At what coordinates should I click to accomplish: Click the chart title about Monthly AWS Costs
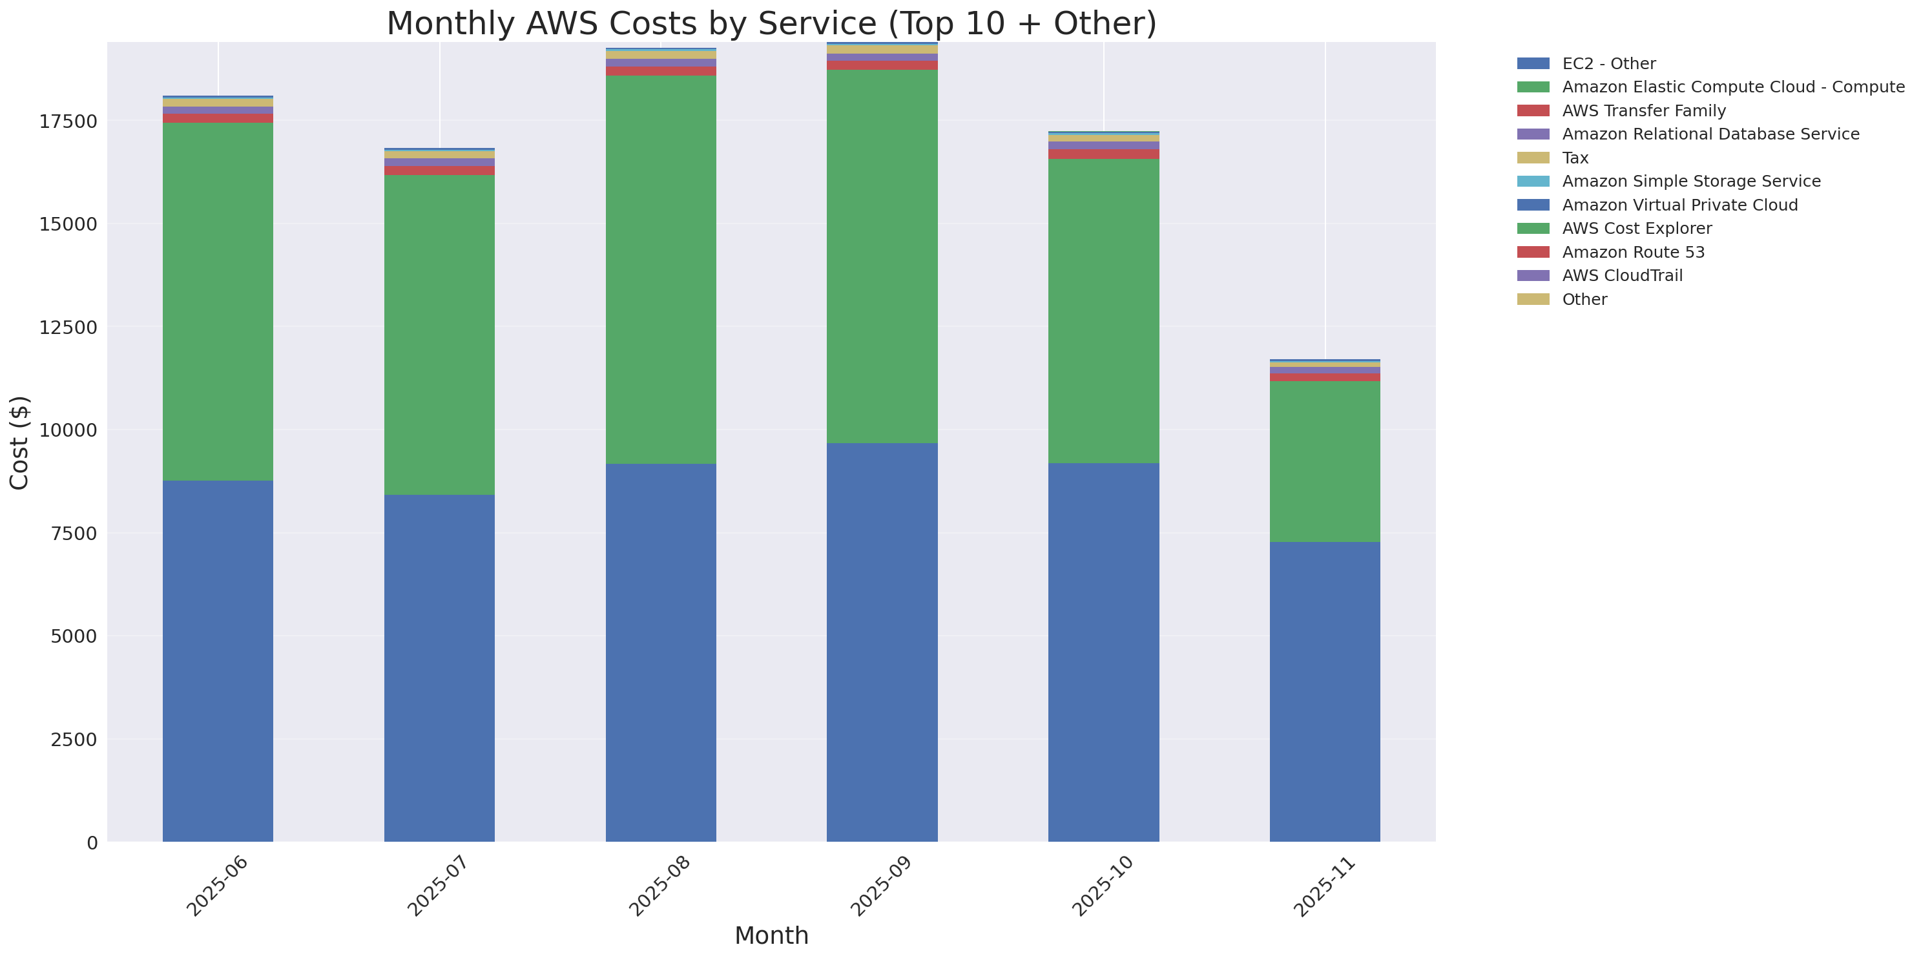(771, 24)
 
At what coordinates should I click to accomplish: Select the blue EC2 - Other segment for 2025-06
(218, 661)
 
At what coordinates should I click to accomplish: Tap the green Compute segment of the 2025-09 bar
(882, 256)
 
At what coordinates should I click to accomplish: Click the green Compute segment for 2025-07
(439, 335)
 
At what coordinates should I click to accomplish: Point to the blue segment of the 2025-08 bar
(661, 652)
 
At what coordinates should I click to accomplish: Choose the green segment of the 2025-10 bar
(1103, 311)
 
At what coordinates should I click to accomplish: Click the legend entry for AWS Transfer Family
(1644, 111)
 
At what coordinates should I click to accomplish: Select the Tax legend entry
(1575, 158)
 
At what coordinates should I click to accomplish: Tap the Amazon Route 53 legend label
(1633, 252)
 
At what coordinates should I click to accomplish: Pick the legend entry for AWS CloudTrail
(1622, 276)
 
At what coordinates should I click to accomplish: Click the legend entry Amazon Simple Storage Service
(1690, 181)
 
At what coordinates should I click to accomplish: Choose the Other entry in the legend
(1584, 300)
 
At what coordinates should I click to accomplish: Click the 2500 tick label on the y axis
(73, 740)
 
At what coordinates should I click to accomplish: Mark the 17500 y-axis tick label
(68, 121)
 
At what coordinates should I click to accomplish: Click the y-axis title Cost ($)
(19, 443)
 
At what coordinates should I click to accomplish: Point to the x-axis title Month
(771, 935)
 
